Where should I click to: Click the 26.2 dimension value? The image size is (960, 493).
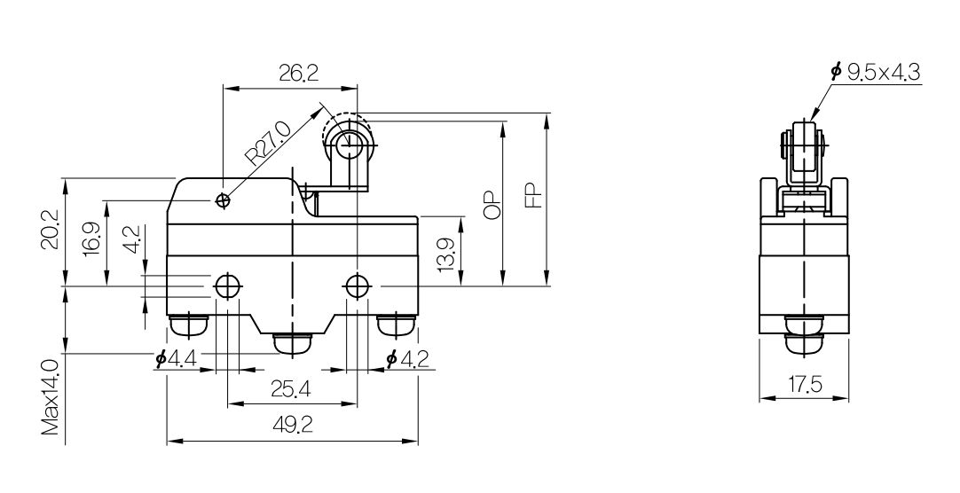click(299, 74)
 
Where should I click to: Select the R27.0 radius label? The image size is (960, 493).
click(267, 143)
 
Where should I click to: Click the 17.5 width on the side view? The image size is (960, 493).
click(805, 385)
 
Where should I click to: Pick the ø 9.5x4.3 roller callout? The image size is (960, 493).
click(876, 72)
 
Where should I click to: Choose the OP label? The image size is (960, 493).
click(492, 203)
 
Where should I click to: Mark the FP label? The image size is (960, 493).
click(534, 196)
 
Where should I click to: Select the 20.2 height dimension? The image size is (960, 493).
click(51, 230)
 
